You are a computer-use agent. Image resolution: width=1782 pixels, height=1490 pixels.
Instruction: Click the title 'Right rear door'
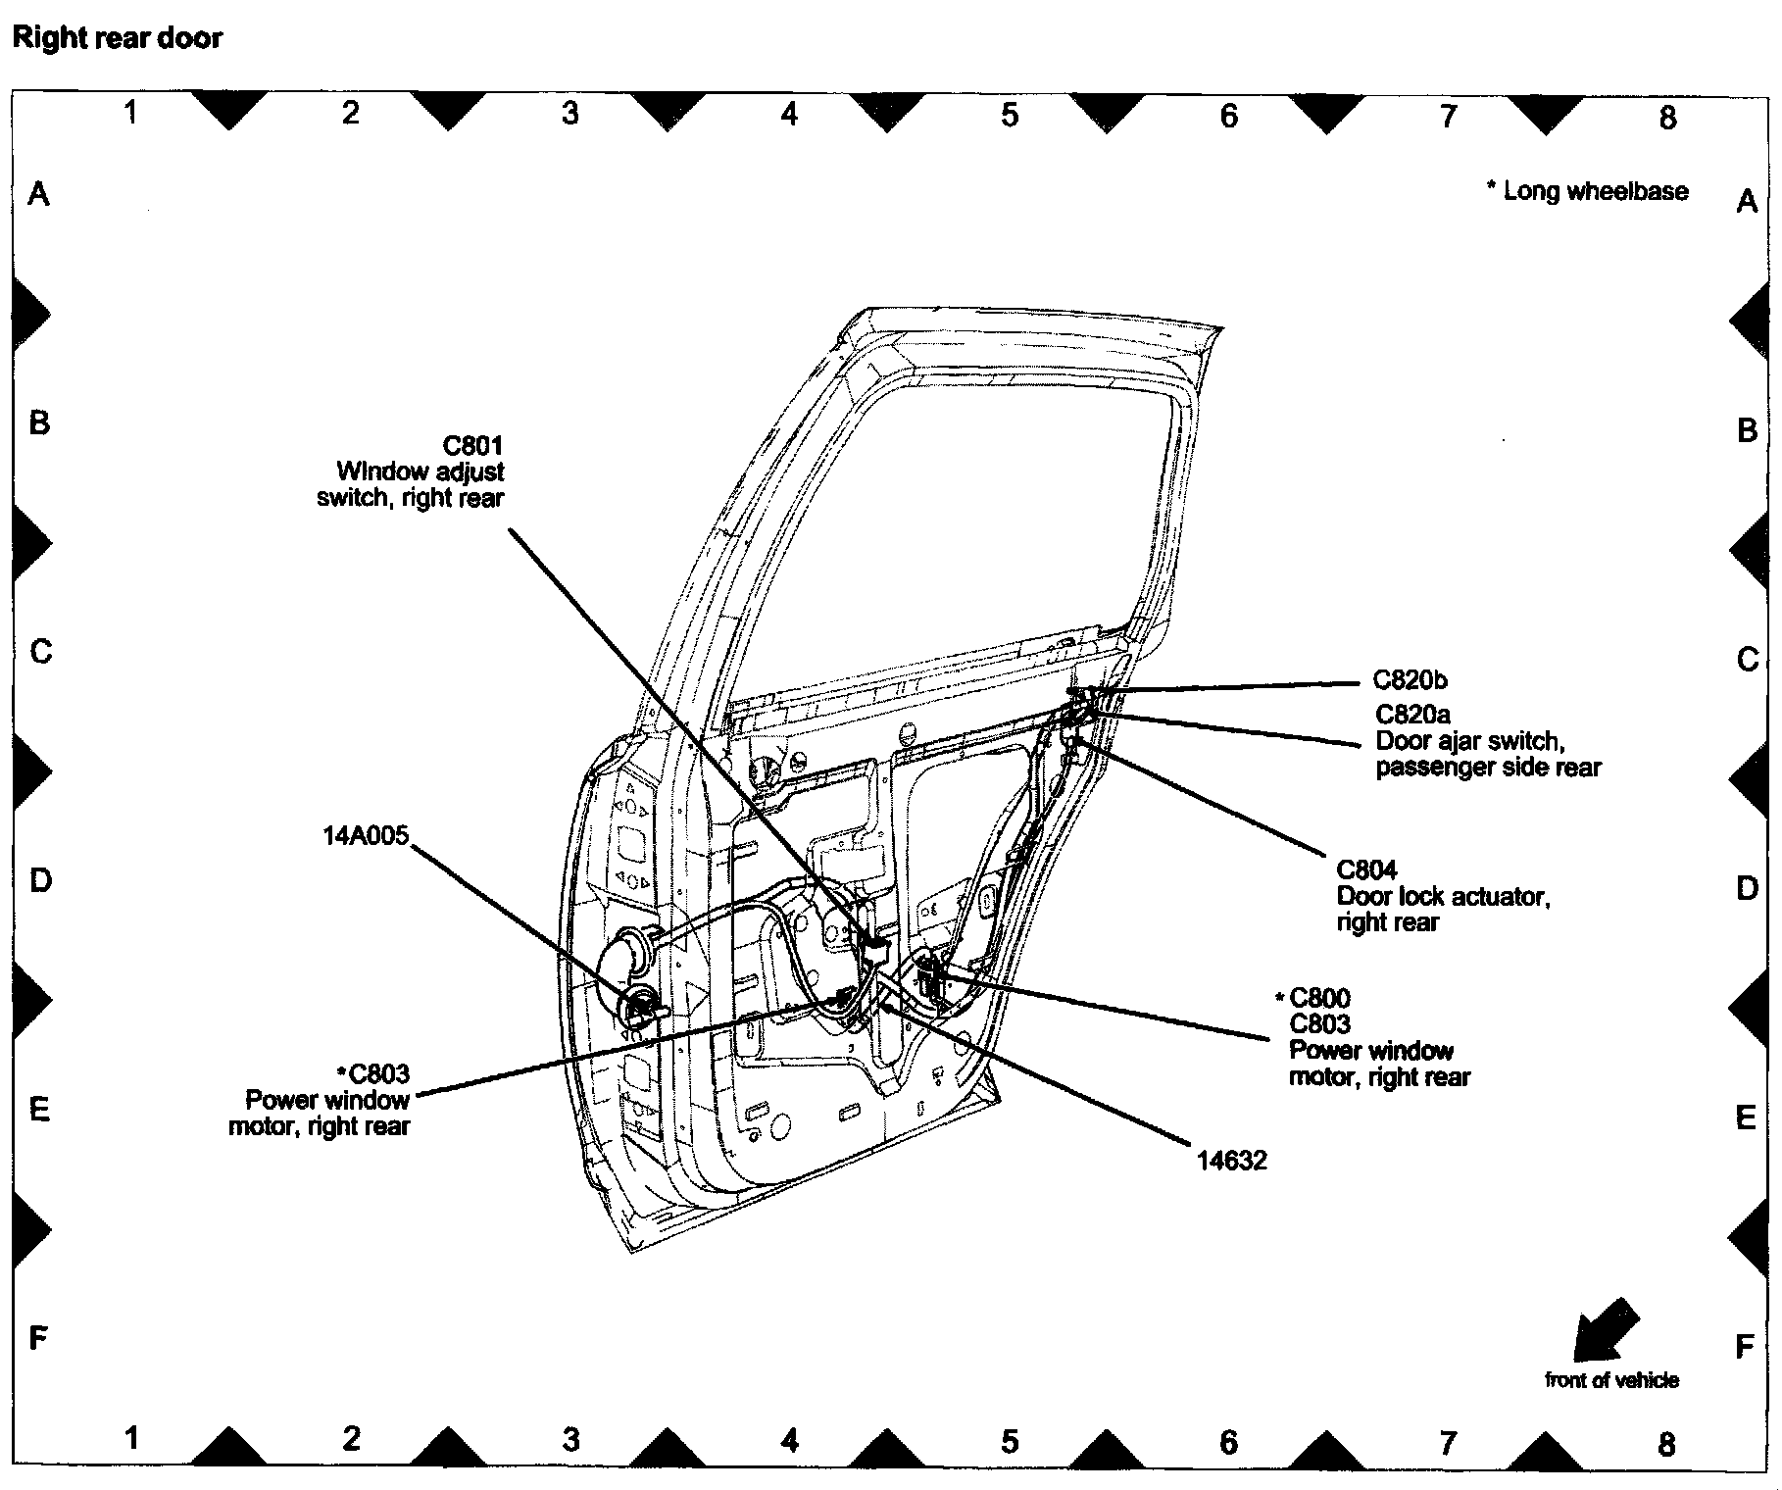point(117,38)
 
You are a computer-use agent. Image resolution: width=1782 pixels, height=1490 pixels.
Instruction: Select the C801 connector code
point(472,446)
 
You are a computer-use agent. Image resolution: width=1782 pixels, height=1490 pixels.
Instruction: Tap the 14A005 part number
point(365,835)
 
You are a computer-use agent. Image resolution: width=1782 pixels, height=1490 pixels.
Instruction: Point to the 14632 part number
point(1231,1161)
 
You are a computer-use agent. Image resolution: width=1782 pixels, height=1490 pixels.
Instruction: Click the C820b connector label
point(1410,680)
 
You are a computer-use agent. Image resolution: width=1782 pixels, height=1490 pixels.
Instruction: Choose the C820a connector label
point(1412,715)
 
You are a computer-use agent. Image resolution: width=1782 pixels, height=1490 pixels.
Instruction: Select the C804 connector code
point(1366,869)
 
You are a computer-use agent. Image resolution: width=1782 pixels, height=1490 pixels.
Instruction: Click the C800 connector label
point(1319,998)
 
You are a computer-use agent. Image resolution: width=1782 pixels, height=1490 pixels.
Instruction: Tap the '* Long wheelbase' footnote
point(1588,191)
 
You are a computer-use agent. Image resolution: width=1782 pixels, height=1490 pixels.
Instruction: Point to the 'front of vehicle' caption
point(1611,1380)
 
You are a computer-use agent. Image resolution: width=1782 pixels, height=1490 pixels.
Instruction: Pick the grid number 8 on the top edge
point(1667,118)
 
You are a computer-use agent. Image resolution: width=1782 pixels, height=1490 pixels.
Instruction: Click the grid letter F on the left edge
point(38,1337)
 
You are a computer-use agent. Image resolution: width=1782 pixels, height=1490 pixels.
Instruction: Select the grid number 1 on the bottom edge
point(131,1438)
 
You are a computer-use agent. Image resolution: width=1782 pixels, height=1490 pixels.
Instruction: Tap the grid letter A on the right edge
point(1746,201)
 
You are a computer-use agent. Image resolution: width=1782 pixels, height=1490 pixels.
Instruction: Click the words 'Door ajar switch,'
point(1469,741)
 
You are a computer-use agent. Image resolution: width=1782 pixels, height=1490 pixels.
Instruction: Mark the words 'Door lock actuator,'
point(1443,896)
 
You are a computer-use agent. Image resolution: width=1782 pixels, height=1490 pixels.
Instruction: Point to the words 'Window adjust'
point(420,472)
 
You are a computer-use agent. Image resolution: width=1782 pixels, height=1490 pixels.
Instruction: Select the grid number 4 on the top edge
point(789,115)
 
